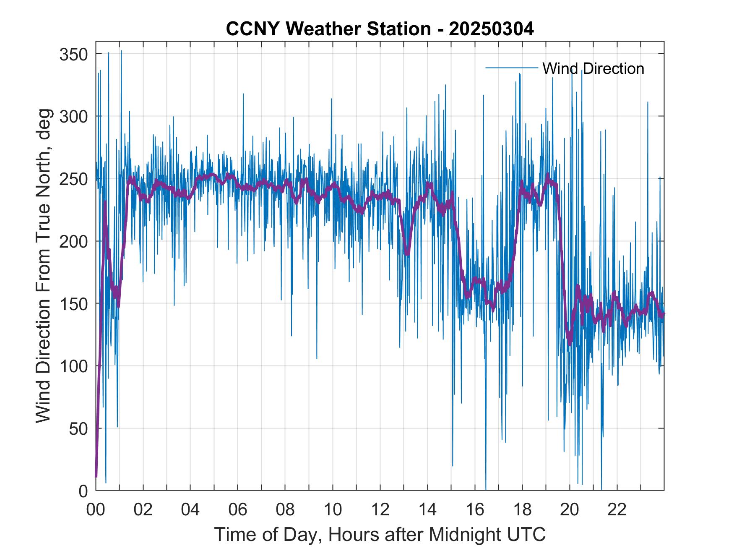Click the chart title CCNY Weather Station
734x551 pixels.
pyautogui.click(x=328, y=29)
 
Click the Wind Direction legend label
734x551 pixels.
pyautogui.click(x=593, y=68)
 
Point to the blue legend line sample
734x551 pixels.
pyautogui.click(x=511, y=68)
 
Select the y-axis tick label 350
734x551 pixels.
pyautogui.click(x=73, y=54)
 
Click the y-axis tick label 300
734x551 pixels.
pyautogui.click(x=73, y=116)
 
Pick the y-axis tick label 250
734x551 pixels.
pyautogui.click(x=73, y=179)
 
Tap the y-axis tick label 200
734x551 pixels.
pyautogui.click(x=73, y=241)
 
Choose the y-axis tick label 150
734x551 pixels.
pyautogui.click(x=73, y=303)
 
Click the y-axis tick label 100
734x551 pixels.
pyautogui.click(x=73, y=366)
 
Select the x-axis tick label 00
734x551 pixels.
pyautogui.click(x=96, y=510)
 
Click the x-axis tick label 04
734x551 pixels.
pyautogui.click(x=190, y=510)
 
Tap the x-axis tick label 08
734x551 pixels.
pyautogui.click(x=285, y=510)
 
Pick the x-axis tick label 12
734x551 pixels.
pyautogui.click(x=380, y=510)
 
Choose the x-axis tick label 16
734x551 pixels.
pyautogui.click(x=475, y=510)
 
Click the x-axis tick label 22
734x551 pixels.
pyautogui.click(x=617, y=510)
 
